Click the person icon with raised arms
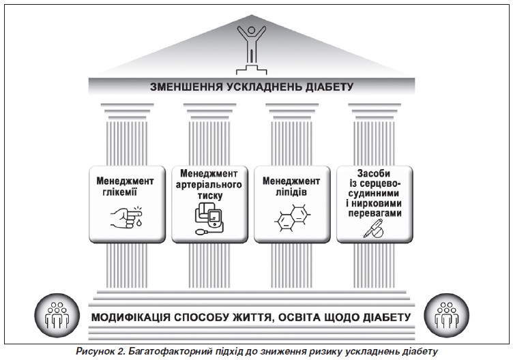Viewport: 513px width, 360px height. [x=251, y=49]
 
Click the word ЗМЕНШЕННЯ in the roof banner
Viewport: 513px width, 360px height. [x=187, y=87]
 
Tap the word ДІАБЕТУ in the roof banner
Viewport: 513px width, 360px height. [x=329, y=87]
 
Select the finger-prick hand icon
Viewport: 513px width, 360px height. [x=127, y=217]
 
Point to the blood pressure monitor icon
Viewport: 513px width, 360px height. [x=209, y=217]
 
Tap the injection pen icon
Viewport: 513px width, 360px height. [x=374, y=228]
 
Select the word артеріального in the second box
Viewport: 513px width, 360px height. [x=209, y=184]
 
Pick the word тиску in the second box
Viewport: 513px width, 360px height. [x=210, y=196]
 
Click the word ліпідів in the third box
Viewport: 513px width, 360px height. [x=291, y=192]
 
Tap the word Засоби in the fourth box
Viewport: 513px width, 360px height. [x=374, y=173]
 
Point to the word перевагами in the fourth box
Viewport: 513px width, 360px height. [x=375, y=213]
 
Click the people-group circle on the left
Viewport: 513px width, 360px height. [x=57, y=316]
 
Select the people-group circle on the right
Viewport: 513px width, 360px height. [x=447, y=316]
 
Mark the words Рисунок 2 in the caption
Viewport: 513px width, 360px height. [x=100, y=352]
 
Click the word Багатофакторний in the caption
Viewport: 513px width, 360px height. [x=169, y=352]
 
